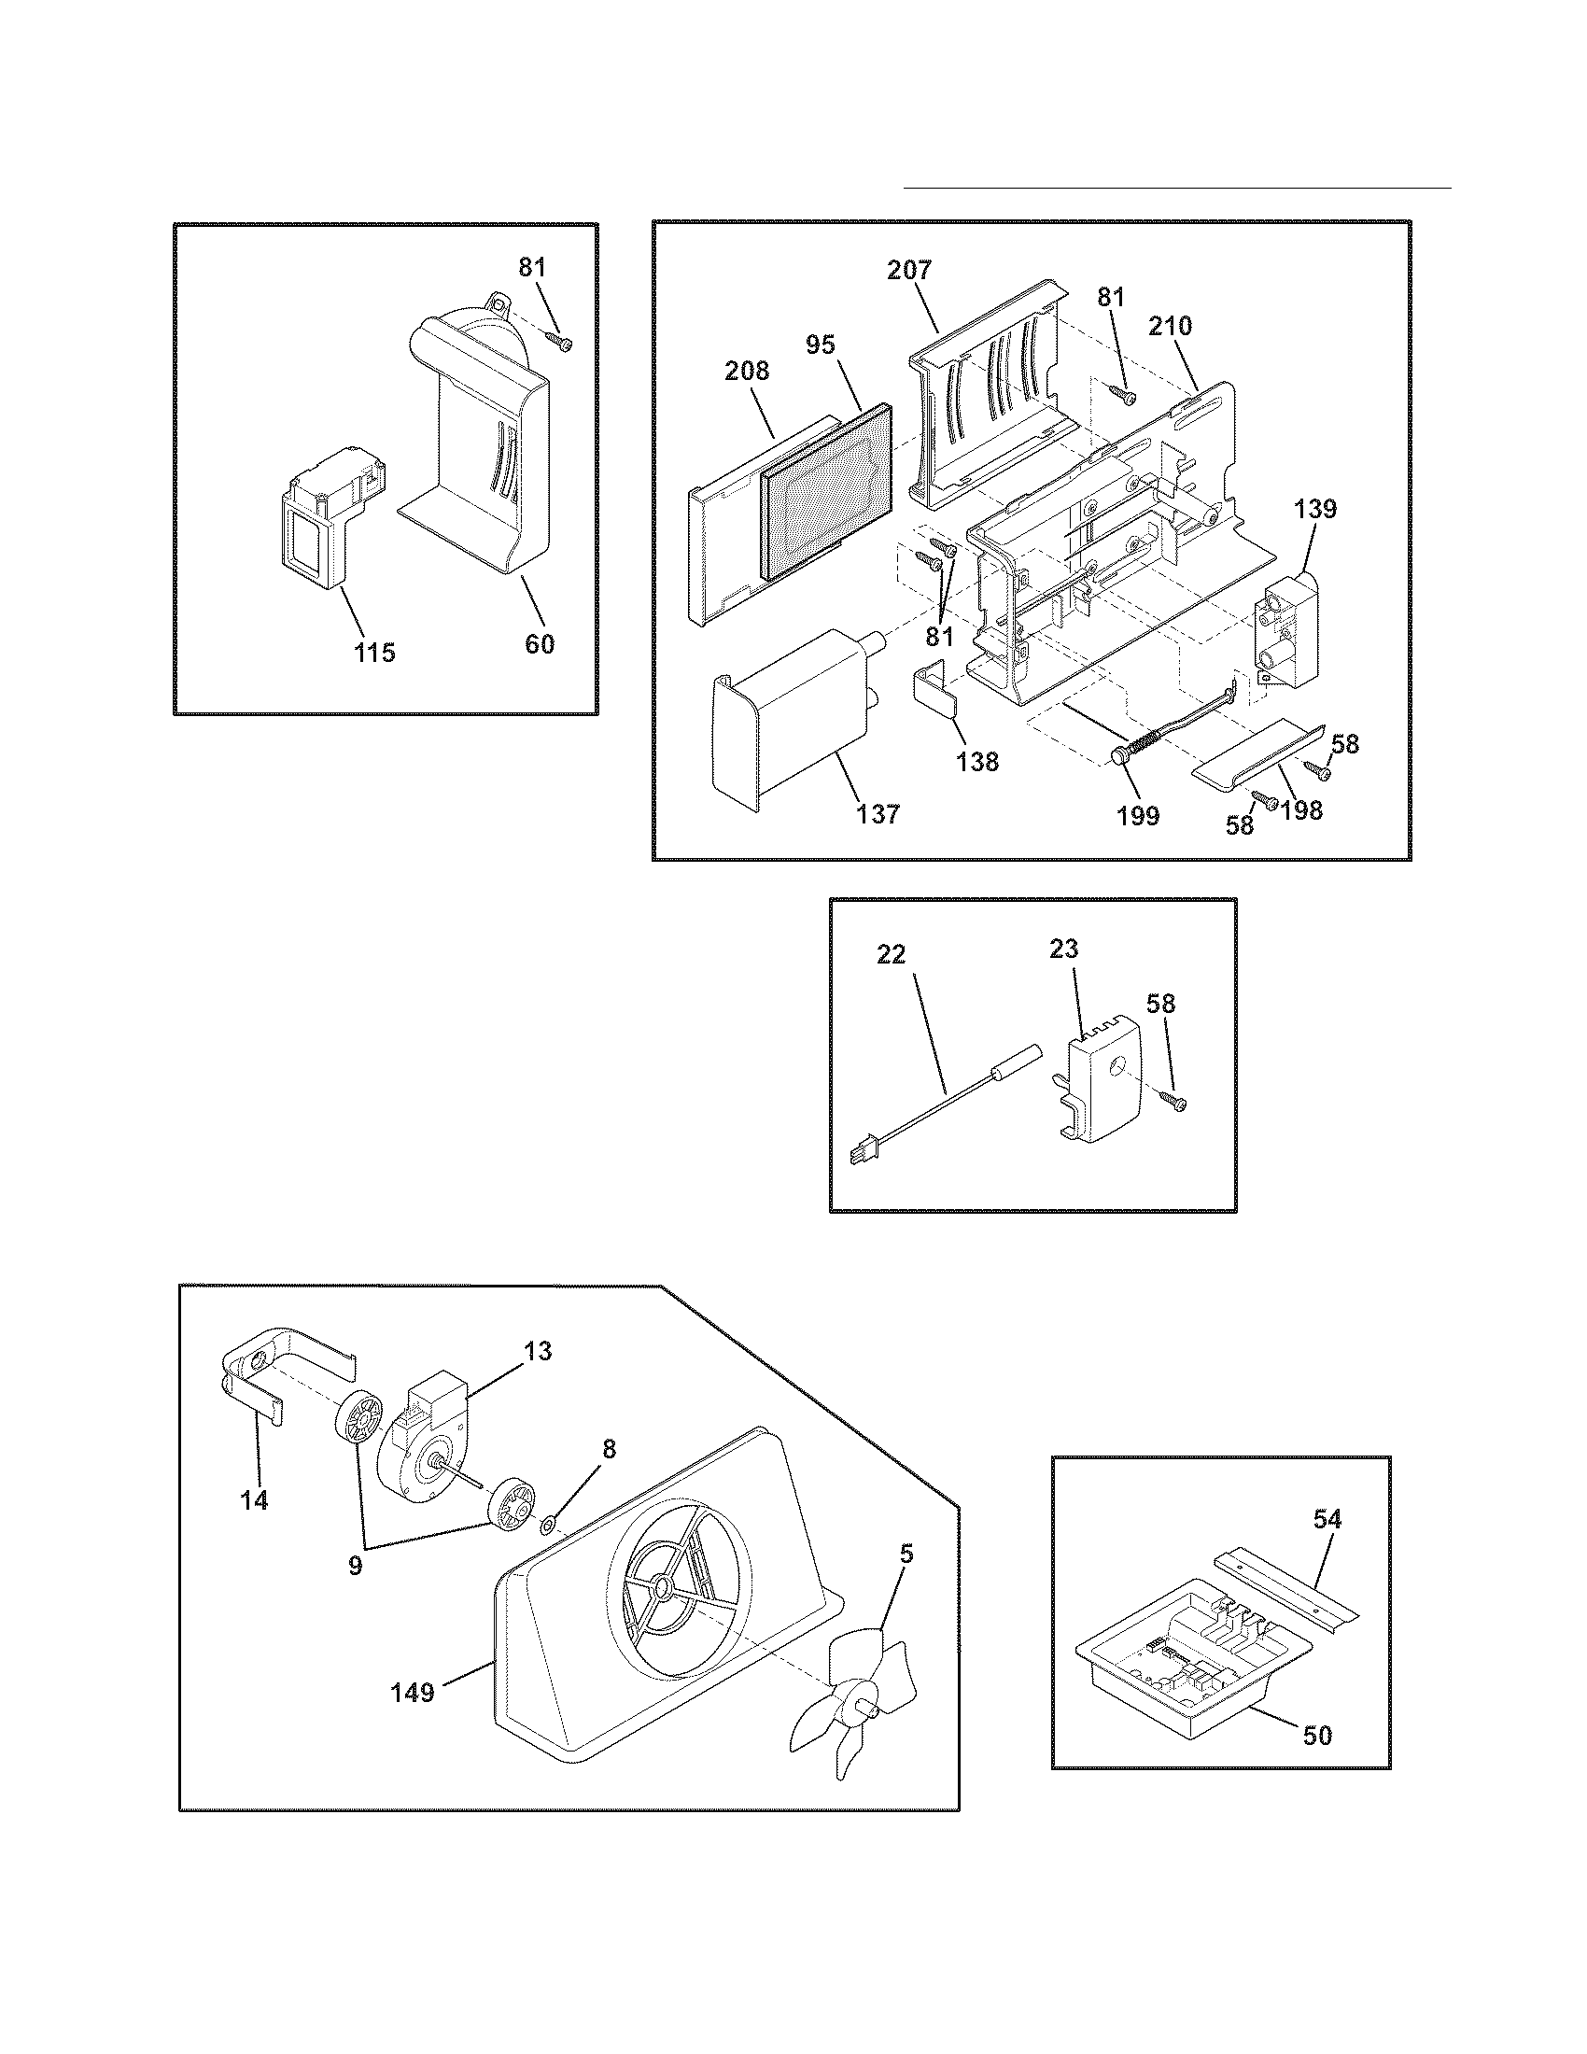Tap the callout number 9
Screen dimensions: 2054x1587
click(355, 1568)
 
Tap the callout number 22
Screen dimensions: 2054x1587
click(891, 953)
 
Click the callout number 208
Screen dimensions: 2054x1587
click(747, 372)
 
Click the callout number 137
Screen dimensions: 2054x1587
click(878, 812)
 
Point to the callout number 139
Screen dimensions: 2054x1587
click(1314, 510)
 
